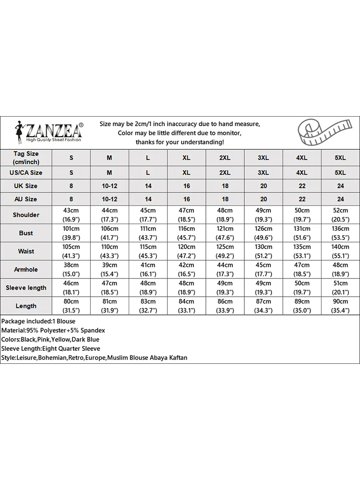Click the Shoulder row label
[26, 215]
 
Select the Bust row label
[26, 233]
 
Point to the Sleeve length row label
[26, 288]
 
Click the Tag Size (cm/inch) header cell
[26, 157]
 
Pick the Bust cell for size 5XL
[340, 233]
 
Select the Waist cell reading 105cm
[71, 251]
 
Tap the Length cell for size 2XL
[225, 306]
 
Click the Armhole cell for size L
[148, 269]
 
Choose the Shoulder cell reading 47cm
[186, 215]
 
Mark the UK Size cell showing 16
[186, 186]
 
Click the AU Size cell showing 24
[340, 199]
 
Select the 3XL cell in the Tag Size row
[264, 158]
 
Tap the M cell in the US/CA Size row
[109, 172]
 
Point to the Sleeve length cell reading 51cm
[340, 288]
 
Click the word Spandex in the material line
[93, 330]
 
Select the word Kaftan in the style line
[177, 358]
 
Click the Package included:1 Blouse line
[38, 321]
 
